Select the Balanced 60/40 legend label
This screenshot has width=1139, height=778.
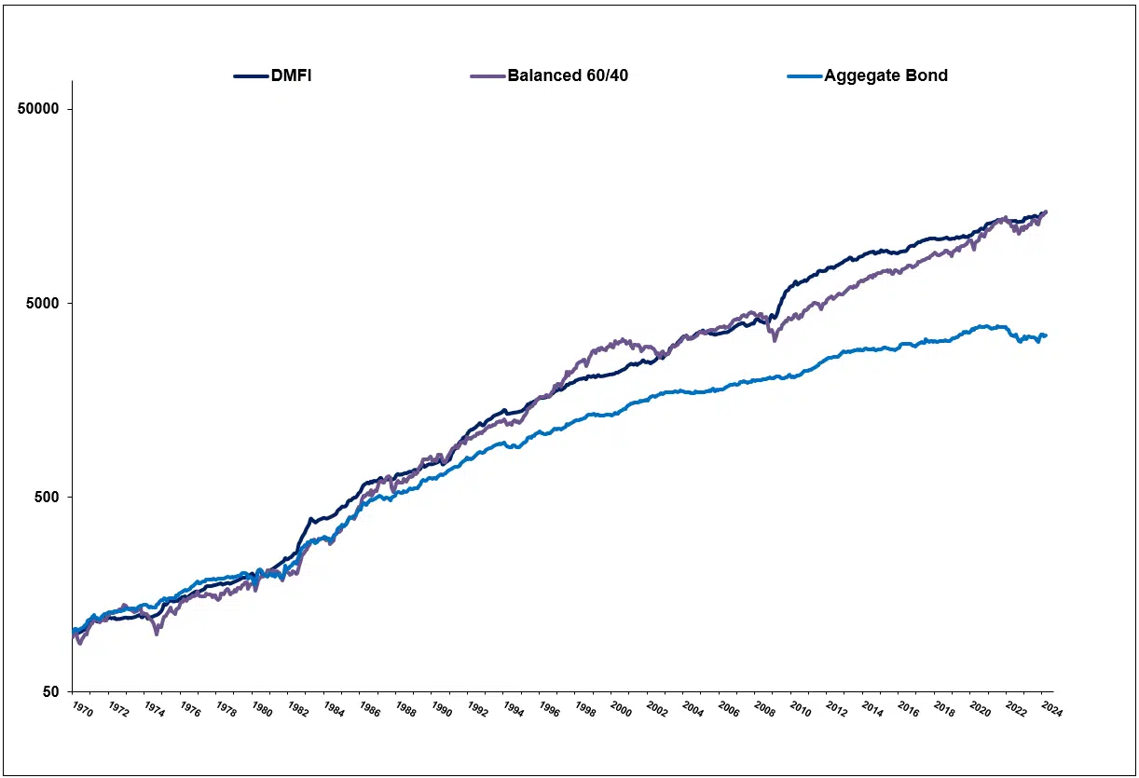click(x=568, y=75)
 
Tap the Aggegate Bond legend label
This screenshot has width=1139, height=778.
click(x=885, y=75)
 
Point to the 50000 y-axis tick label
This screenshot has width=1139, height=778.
click(x=39, y=109)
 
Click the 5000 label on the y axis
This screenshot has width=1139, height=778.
click(x=43, y=304)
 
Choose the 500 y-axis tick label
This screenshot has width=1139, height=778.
click(x=47, y=498)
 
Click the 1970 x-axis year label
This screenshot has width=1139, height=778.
click(x=82, y=710)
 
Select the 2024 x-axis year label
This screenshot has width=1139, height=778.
click(x=1051, y=710)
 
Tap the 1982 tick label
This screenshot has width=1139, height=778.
click(x=297, y=710)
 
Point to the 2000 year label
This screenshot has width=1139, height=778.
click(x=621, y=710)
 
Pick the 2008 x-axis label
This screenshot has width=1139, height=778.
click(x=764, y=710)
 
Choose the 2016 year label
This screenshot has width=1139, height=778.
click(x=908, y=710)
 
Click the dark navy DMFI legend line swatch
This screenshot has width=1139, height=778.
click(x=250, y=76)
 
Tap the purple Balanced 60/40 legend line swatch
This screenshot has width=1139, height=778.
click(x=489, y=76)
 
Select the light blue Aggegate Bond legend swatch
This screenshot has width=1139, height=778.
click(x=806, y=76)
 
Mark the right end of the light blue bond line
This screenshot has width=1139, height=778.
click(x=1046, y=335)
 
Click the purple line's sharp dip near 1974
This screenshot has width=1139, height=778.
click(x=157, y=634)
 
